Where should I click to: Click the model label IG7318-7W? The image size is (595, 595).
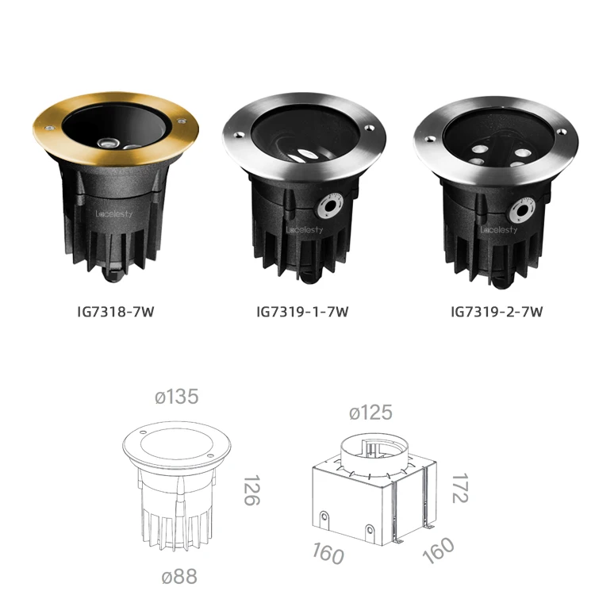tap(116, 312)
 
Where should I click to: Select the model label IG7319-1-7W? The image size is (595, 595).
tap(302, 312)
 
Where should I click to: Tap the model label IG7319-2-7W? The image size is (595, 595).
tap(497, 312)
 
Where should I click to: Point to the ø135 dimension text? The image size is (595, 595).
tap(177, 397)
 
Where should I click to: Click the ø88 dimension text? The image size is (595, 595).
tap(179, 577)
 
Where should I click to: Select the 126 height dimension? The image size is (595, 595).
tap(251, 490)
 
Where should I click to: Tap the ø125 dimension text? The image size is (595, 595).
tap(370, 413)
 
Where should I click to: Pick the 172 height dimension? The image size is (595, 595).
tap(460, 488)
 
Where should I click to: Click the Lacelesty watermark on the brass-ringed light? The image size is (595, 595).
tap(114, 214)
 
